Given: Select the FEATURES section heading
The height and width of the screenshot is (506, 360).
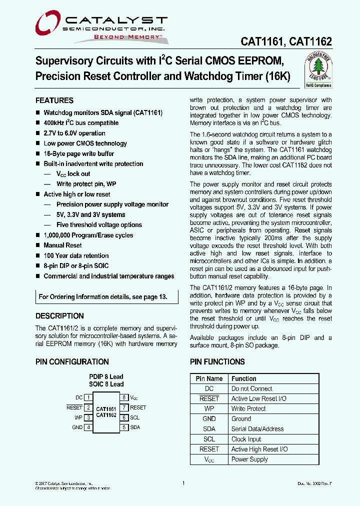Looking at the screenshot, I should pyautogui.click(x=54, y=100).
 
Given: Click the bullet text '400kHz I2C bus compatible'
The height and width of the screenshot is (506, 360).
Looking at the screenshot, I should pyautogui.click(x=81, y=123).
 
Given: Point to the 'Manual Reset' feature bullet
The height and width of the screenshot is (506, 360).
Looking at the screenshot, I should pyautogui.click(x=62, y=245).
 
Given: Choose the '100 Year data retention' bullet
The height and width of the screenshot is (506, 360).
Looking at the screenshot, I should pyautogui.click(x=76, y=255).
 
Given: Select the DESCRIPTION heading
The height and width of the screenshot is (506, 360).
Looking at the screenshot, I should pyautogui.click(x=59, y=316).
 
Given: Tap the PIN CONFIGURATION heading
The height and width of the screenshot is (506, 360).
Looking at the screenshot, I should pyautogui.click(x=72, y=361).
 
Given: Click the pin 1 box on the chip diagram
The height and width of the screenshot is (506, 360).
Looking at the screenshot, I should pyautogui.click(x=88, y=397).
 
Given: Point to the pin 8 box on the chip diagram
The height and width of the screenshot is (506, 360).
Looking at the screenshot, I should pyautogui.click(x=123, y=397).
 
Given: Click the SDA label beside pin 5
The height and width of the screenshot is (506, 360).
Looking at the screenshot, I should pyautogui.click(x=135, y=427).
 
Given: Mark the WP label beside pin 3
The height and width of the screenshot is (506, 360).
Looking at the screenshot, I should pyautogui.click(x=78, y=417).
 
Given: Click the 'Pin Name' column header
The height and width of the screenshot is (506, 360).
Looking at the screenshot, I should pyautogui.click(x=209, y=378).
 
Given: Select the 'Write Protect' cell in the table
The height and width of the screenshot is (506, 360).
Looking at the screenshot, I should pyautogui.click(x=248, y=409).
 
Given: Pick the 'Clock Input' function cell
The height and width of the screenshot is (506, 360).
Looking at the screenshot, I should pyautogui.click(x=246, y=439).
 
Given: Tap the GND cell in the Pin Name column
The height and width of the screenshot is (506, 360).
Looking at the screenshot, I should pyautogui.click(x=209, y=419).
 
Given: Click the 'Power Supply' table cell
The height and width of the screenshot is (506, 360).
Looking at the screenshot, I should pyautogui.click(x=249, y=459).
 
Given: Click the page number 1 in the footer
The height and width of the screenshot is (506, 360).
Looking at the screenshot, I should pyautogui.click(x=183, y=483).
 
